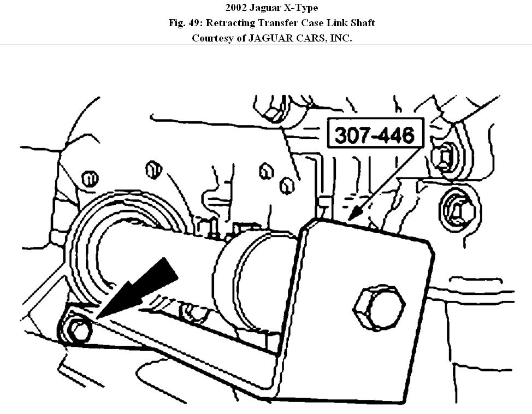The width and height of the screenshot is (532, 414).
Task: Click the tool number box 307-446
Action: tap(374, 134)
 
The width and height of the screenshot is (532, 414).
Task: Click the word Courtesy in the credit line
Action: tap(213, 38)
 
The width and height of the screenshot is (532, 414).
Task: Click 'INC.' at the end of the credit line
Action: tap(340, 38)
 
